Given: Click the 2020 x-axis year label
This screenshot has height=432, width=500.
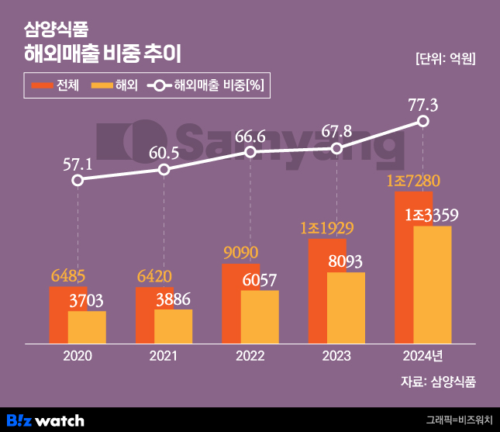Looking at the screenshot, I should pyautogui.click(x=78, y=356).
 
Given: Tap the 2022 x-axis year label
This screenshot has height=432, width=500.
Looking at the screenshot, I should pyautogui.click(x=250, y=356).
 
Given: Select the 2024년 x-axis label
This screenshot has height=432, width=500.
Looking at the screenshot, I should pyautogui.click(x=424, y=356).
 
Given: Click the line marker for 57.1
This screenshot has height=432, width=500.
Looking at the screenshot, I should pyautogui.click(x=78, y=181).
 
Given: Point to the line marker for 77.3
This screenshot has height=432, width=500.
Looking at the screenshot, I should pyautogui.click(x=423, y=121).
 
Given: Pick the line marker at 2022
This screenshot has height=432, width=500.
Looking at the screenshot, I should pyautogui.click(x=250, y=152).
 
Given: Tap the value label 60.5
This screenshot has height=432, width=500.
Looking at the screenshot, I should pyautogui.click(x=163, y=153).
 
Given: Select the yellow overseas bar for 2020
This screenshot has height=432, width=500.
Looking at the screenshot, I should pyautogui.click(x=87, y=327).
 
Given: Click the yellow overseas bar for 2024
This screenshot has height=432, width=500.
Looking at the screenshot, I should pyautogui.click(x=433, y=285).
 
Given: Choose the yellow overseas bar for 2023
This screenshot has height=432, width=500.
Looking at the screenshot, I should pyautogui.click(x=346, y=308).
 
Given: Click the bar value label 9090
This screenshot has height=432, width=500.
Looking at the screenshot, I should pyautogui.click(x=240, y=253).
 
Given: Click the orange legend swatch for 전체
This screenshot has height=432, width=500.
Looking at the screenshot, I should pyautogui.click(x=41, y=85).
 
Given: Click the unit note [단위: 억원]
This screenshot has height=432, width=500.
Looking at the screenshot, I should pyautogui.click(x=445, y=59).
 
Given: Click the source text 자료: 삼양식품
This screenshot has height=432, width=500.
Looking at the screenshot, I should pyautogui.click(x=438, y=381).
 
